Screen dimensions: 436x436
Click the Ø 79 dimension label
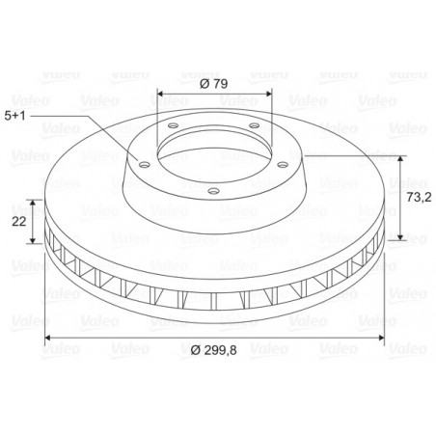coord(213,84)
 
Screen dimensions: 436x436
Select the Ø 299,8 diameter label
coord(213,350)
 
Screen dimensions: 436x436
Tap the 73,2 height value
coord(419,197)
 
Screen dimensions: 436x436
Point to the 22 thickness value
coord(19,221)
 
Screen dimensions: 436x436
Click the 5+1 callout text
coord(14,116)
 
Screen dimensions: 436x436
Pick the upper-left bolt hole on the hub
coord(173,125)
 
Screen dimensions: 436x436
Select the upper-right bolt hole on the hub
coord(255,125)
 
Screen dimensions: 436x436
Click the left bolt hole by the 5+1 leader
coord(145,165)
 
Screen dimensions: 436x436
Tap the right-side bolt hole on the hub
coord(283,165)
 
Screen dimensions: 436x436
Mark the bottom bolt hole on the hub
coord(214,191)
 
